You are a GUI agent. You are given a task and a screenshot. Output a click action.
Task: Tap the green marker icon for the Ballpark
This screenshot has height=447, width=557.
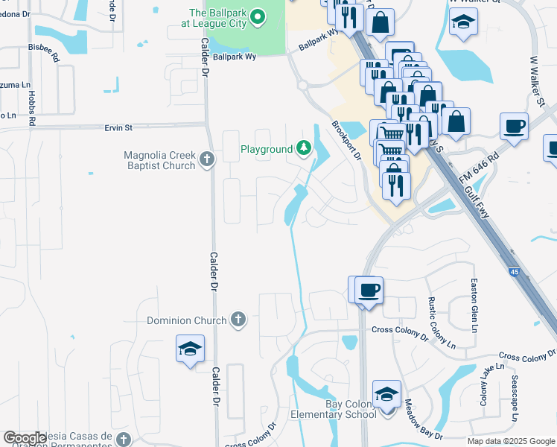[258, 16]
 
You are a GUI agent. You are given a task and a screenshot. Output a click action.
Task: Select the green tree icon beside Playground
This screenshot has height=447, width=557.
[304, 149]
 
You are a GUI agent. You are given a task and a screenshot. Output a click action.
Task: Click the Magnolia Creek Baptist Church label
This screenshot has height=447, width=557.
[159, 160]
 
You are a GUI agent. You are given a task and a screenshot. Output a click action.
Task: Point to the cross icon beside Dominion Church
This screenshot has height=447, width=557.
[238, 320]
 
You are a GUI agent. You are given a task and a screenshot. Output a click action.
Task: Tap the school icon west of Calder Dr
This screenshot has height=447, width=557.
[190, 349]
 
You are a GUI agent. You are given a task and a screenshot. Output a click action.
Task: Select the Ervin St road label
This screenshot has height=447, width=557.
[118, 127]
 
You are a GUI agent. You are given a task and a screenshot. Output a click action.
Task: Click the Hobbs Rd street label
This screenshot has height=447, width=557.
[32, 107]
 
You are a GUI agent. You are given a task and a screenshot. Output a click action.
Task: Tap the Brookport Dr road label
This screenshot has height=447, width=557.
[346, 142]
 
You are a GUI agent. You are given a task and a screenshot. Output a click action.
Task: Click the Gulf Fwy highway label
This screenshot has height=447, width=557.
[480, 200]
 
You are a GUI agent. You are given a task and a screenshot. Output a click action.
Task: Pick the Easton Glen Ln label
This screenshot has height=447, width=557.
[473, 302]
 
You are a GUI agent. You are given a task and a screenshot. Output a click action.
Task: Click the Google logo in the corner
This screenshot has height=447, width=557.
[25, 437]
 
